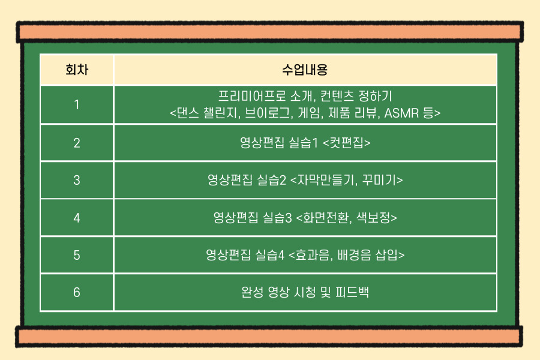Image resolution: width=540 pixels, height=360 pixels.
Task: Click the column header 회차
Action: [x=77, y=70]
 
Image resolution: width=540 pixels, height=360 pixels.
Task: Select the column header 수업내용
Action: [x=305, y=70]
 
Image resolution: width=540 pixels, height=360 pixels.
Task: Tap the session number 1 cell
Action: [x=77, y=104]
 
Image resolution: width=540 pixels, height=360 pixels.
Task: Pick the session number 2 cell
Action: [x=77, y=143]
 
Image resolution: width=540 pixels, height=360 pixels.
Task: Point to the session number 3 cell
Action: [x=77, y=180]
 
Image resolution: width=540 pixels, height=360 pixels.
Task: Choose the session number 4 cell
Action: [x=77, y=218]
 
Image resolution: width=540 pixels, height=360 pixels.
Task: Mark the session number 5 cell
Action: [x=77, y=255]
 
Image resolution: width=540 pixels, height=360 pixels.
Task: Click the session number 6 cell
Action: [x=77, y=292]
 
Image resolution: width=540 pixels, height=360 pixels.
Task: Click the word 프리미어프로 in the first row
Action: [x=252, y=96]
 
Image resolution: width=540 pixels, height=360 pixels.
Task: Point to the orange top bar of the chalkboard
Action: [x=270, y=32]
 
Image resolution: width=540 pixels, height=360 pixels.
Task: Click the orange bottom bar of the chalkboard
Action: [x=269, y=337]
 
